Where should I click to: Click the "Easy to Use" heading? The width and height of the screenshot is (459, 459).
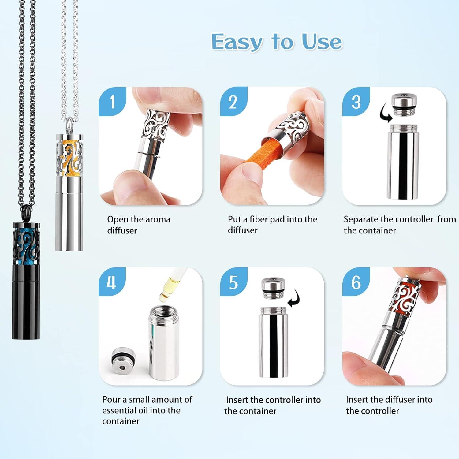click(276, 42)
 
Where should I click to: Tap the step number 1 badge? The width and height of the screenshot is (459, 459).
click(112, 102)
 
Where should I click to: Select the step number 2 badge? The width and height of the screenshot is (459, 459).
click(233, 102)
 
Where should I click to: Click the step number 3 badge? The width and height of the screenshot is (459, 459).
click(356, 102)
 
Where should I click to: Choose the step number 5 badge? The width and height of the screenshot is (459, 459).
click(233, 282)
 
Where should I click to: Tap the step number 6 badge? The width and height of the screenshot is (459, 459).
click(356, 282)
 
